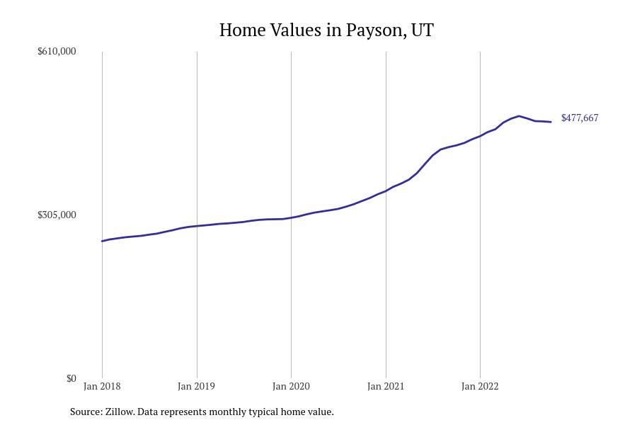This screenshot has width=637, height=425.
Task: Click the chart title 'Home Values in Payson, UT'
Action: [x=326, y=30]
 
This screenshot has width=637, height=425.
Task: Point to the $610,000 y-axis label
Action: [x=57, y=51]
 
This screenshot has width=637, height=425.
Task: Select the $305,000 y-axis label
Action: [x=57, y=215]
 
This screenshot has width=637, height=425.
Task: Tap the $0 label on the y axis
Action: [x=71, y=378]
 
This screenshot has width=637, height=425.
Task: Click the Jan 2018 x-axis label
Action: [x=102, y=386]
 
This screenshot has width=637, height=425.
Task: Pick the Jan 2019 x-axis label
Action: [x=197, y=386]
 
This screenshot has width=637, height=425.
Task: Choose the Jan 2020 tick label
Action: [x=291, y=386]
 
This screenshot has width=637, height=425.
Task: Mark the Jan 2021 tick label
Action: [x=386, y=386]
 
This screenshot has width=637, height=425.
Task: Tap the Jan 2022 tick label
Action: [x=480, y=386]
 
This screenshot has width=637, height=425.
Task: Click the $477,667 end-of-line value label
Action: [x=580, y=118]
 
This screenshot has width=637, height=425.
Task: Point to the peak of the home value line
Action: [x=519, y=116]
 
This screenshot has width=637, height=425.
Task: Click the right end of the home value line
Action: [x=551, y=122]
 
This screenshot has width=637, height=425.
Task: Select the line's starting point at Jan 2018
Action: [x=103, y=241]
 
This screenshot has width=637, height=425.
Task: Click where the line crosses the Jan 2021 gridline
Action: [x=386, y=191]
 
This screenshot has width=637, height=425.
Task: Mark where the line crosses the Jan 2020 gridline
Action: [x=291, y=217]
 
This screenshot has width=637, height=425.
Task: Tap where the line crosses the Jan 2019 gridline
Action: [x=197, y=226]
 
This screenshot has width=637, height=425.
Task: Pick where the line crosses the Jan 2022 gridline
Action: [x=480, y=136]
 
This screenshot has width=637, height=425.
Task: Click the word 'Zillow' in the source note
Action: [x=119, y=412]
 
